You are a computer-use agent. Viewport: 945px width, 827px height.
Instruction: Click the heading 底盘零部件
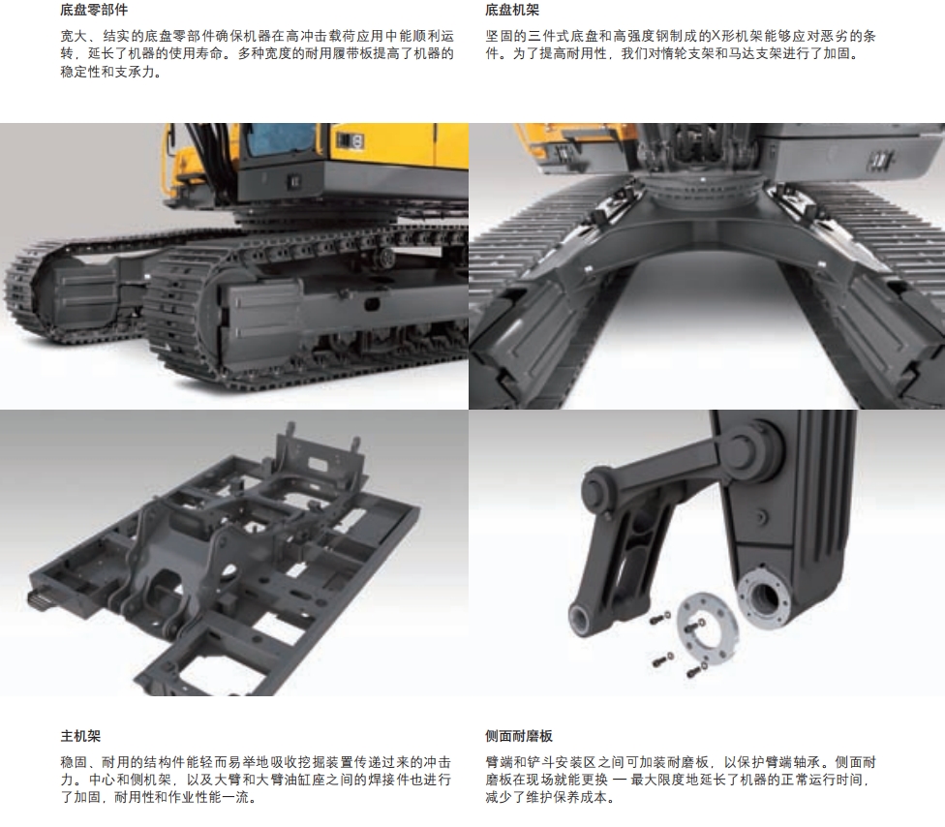(x=94, y=11)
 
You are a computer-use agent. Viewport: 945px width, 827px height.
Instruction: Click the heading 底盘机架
(x=512, y=11)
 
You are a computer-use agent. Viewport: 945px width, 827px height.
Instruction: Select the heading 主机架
(x=80, y=736)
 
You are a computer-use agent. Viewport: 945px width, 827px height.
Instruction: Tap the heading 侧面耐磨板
(x=519, y=736)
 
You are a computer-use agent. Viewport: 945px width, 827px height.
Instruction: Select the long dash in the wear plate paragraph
(x=620, y=780)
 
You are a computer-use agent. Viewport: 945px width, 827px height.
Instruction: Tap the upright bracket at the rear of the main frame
(x=320, y=459)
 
